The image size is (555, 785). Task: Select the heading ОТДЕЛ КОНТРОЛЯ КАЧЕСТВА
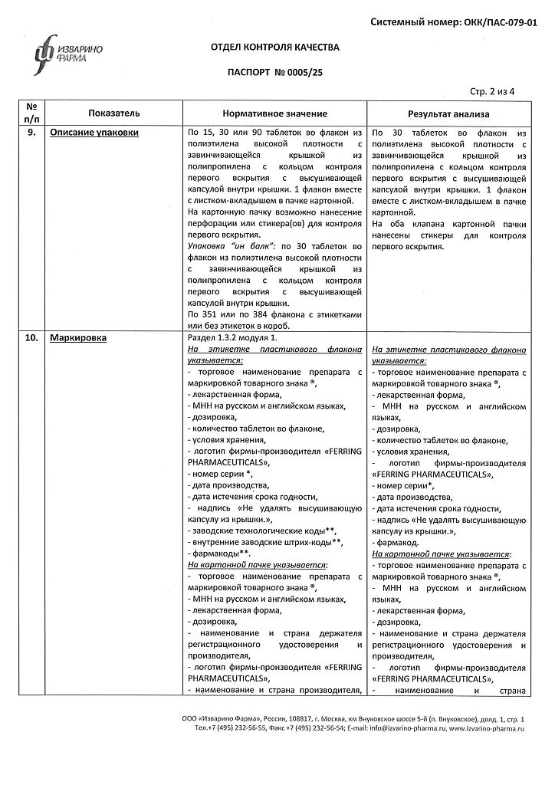pyautogui.click(x=274, y=48)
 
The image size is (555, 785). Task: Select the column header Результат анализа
pyautogui.click(x=448, y=113)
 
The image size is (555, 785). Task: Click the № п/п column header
pyautogui.click(x=31, y=113)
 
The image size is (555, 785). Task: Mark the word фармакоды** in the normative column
pyautogui.click(x=218, y=553)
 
